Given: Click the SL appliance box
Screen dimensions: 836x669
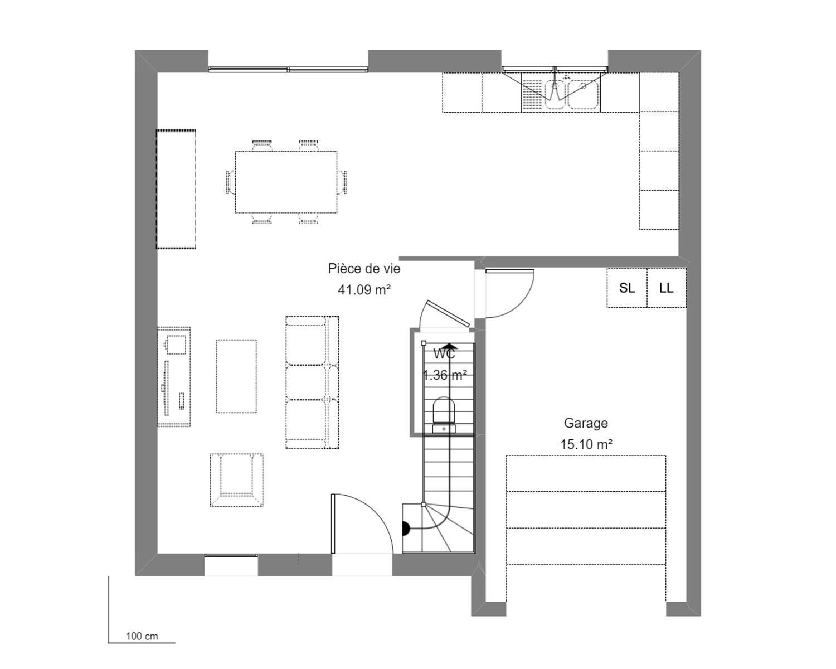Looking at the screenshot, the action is click(x=626, y=288).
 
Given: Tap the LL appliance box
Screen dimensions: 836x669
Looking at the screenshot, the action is click(x=667, y=288).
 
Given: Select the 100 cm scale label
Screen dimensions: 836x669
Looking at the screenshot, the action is click(x=142, y=636).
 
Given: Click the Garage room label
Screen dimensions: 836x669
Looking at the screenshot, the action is click(x=586, y=423).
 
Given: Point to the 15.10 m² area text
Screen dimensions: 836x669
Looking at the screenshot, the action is click(x=586, y=444).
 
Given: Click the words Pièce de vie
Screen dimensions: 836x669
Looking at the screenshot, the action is click(x=364, y=269).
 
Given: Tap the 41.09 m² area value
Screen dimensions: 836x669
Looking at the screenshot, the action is click(x=364, y=289).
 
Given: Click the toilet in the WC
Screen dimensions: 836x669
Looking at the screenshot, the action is click(x=444, y=415).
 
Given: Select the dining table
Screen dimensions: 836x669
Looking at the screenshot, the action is click(x=286, y=182).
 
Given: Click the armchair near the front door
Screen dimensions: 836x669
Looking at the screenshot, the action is click(x=236, y=480).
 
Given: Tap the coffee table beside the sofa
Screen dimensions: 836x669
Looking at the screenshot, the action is click(x=236, y=376).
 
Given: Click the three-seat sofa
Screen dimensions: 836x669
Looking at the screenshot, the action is click(x=312, y=382).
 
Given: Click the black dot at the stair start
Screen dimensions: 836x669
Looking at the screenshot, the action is click(x=406, y=529).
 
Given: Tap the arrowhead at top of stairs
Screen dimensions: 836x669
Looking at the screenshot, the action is click(x=450, y=347).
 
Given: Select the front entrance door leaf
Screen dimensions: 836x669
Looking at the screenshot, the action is click(x=333, y=523).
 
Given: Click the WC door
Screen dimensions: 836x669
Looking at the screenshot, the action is click(x=448, y=314).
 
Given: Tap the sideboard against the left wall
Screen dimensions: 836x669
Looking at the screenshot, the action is click(x=176, y=189).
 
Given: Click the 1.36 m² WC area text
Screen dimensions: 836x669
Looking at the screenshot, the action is click(x=445, y=375).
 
